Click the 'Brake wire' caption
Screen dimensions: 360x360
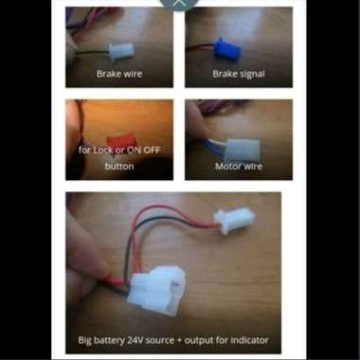(119, 74)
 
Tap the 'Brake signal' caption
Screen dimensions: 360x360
(239, 74)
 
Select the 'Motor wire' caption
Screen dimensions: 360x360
(239, 166)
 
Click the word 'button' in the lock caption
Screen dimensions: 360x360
(119, 166)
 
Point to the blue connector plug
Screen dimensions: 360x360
(227, 49)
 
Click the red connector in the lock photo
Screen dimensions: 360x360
(121, 141)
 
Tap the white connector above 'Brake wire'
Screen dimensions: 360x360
(121, 51)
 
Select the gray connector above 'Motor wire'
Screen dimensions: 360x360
(243, 151)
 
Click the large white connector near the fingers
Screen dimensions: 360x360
(156, 289)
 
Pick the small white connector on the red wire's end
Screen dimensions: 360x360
(234, 220)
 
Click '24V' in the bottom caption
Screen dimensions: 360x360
(136, 340)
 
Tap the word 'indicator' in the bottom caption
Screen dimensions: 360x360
(250, 340)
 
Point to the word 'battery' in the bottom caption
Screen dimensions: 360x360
(110, 341)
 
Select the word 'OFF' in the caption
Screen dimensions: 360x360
(153, 150)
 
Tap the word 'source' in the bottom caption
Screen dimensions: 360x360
(161, 341)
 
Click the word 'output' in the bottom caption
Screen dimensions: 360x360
(200, 341)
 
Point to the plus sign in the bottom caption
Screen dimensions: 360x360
(179, 341)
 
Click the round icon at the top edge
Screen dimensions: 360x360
(179, 4)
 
